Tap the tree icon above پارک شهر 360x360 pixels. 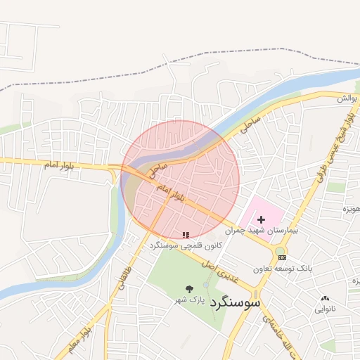[x=189, y=289]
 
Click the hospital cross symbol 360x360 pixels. [x=262, y=220]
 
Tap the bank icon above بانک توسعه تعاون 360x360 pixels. [x=283, y=259]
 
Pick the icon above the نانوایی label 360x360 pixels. [x=324, y=298]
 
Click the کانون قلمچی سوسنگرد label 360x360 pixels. [x=186, y=246]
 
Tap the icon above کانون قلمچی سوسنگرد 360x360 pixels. [x=186, y=235]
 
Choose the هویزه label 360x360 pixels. [x=351, y=209]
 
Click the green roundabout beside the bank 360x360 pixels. [x=280, y=250]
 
